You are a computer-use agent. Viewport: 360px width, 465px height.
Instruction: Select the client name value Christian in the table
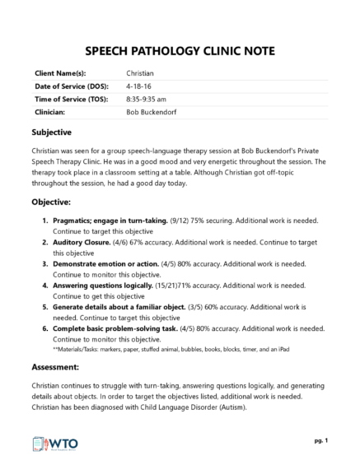click(x=140, y=73)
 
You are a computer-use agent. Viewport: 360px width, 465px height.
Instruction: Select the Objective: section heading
click(x=52, y=201)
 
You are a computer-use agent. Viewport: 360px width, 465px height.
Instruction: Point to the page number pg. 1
click(x=320, y=440)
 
